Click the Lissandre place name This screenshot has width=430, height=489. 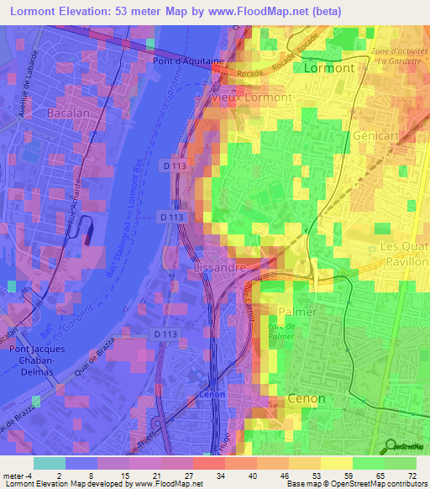(x=219, y=266)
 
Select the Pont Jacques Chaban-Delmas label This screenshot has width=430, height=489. (x=29, y=360)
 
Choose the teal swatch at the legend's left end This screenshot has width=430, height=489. (x=50, y=462)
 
